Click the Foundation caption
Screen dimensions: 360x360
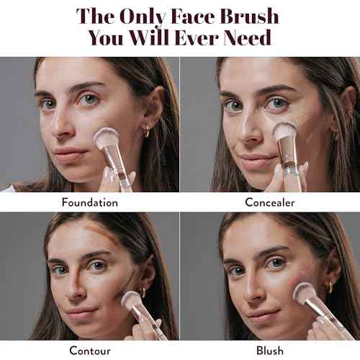tap(90, 202)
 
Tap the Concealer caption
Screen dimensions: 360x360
tap(270, 202)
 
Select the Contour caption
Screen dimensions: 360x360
tap(90, 351)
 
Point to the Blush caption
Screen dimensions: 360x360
tap(270, 351)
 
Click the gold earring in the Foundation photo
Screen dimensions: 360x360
tap(147, 131)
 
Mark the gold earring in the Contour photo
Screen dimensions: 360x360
tap(143, 292)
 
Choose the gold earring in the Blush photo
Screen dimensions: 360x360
tap(330, 289)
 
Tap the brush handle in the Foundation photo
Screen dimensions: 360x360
tap(120, 173)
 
